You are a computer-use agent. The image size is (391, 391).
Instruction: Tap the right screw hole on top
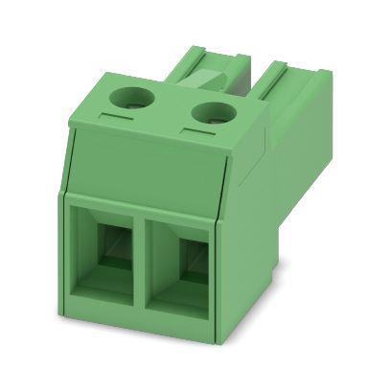click(209, 112)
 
